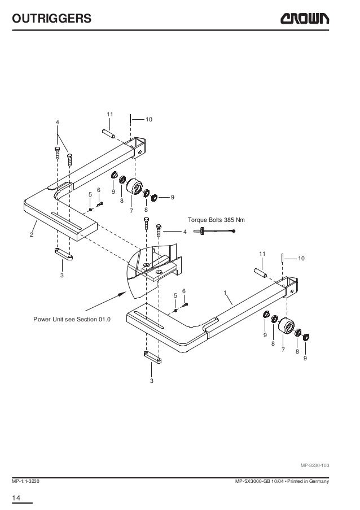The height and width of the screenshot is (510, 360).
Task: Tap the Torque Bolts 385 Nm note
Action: coord(217,220)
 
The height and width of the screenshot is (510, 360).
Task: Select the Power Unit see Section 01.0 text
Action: coord(71,320)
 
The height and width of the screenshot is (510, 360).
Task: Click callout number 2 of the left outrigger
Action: coord(32,234)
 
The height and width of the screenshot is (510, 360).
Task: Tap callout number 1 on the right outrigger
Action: coord(225,293)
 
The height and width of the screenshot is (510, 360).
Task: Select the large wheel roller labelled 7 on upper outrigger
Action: coord(134,188)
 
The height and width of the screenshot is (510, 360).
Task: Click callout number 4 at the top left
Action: coord(58,123)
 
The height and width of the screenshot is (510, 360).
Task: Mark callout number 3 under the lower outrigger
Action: coord(152,381)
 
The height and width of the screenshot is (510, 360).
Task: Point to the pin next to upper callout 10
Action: coord(131,119)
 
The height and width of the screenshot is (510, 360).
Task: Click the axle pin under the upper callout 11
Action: coord(108,134)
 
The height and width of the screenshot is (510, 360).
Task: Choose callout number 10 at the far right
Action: coord(301,258)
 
